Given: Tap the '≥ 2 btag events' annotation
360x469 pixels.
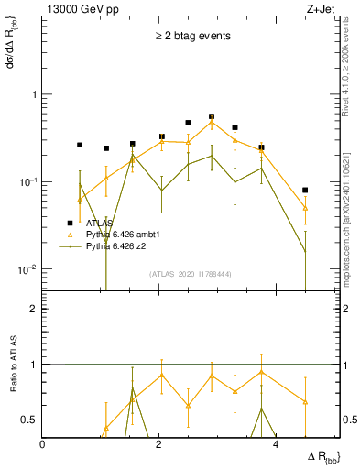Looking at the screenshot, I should (191, 37).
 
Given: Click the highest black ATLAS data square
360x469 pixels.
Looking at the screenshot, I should (212, 117).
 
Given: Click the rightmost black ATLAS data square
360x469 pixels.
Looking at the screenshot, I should (305, 191).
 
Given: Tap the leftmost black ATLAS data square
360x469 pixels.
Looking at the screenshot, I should (80, 145).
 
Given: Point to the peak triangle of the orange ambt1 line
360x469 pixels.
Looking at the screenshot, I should (212, 122).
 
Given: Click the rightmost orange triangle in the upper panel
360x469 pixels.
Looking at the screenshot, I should (305, 209).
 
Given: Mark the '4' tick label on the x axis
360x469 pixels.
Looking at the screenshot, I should (275, 444).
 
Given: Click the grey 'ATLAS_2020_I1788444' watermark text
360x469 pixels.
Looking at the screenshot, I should (191, 274).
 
